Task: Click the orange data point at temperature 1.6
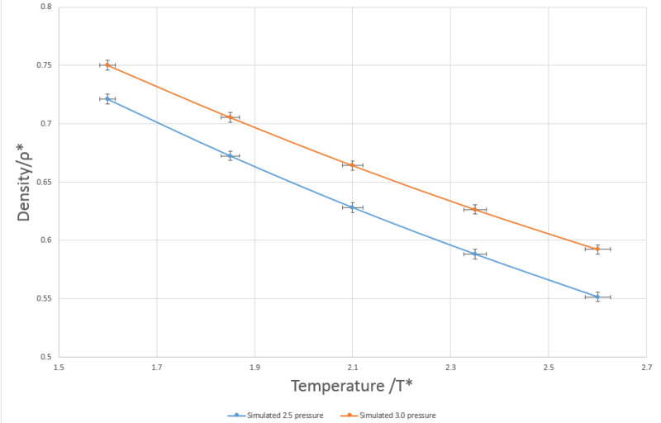point(107,65)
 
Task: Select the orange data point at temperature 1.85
point(231,117)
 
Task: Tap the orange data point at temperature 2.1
point(352,165)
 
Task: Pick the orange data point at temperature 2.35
point(475,209)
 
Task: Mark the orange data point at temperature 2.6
point(597,249)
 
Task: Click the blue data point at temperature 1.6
point(107,99)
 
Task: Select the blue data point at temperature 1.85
point(231,155)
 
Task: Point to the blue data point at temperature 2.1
point(352,207)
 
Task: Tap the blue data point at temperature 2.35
point(475,254)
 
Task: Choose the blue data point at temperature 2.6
point(597,297)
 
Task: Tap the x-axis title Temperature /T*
point(352,386)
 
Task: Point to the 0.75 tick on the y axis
point(42,65)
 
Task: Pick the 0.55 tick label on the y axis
point(42,298)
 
